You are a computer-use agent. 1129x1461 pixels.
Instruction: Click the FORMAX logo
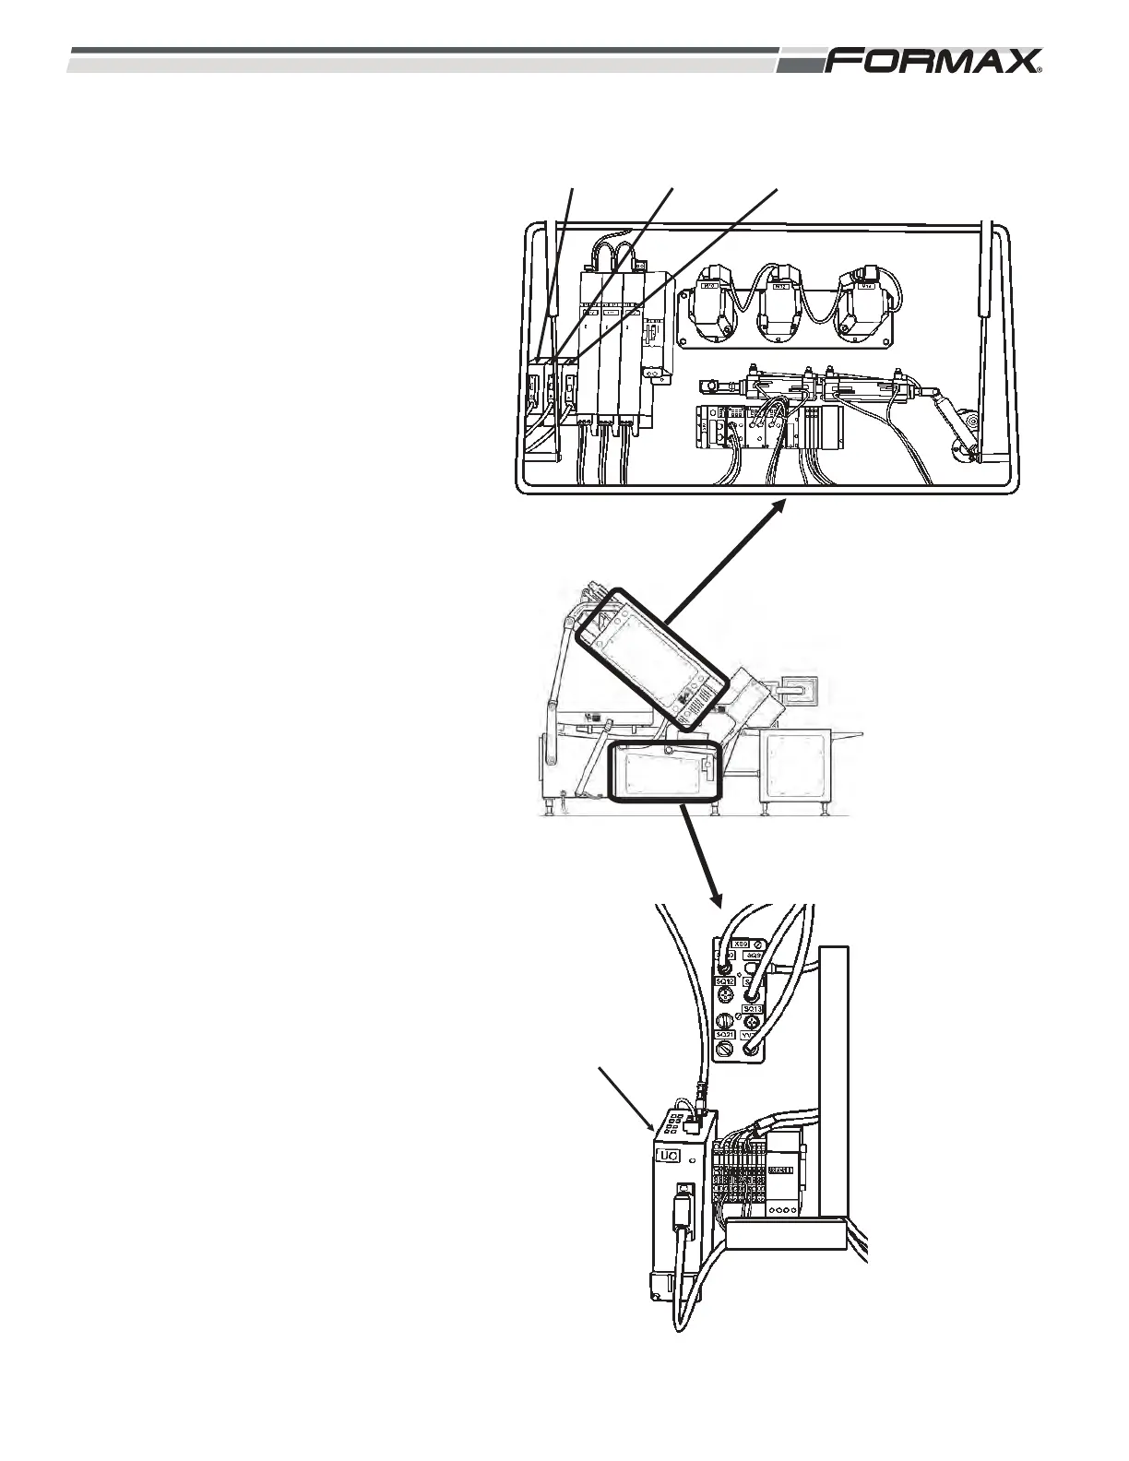coord(933,62)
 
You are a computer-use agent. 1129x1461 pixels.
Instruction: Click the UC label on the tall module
coord(666,1155)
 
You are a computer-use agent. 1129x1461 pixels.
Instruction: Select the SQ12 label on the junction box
coord(726,981)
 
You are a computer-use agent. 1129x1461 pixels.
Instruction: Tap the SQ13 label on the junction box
coord(753,1009)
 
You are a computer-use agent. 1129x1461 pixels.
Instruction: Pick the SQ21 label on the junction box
coord(726,1036)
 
